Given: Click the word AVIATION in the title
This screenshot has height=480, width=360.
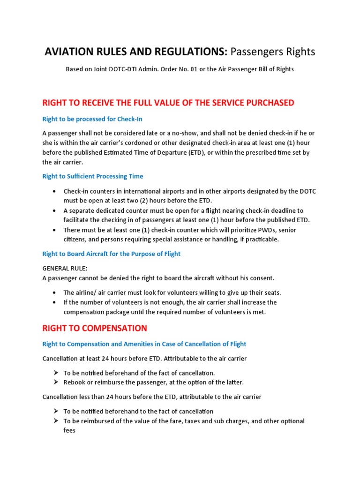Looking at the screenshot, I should (69, 52).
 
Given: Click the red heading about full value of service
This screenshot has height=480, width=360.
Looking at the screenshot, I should (168, 103).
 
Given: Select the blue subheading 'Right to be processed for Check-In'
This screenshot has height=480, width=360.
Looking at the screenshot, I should (92, 119).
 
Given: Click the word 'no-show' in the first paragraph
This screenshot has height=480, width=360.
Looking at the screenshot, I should (184, 133).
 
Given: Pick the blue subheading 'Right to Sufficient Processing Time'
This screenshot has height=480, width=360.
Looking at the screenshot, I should (93, 176).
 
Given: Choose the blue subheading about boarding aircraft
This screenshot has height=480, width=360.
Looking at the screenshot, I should (111, 254).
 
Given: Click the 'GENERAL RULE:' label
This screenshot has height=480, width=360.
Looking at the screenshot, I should (65, 268).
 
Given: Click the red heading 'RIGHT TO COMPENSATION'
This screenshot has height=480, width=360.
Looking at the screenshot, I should (95, 328).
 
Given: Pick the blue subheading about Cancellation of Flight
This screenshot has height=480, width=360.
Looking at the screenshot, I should (144, 344).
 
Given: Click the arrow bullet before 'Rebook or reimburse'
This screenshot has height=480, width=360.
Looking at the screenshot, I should (55, 382).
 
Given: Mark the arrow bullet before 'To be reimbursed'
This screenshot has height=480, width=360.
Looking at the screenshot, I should (55, 421).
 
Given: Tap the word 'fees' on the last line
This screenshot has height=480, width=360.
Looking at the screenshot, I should (69, 430).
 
